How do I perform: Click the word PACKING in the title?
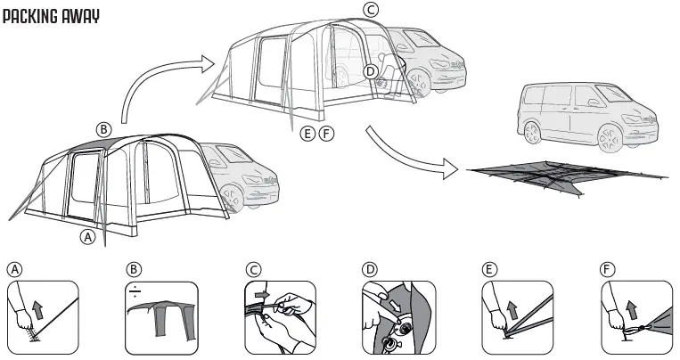34,17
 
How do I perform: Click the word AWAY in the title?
82,17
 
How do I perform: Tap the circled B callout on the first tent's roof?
104,129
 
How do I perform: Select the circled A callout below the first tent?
87,237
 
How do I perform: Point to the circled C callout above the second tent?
372,10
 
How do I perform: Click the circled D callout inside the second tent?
372,71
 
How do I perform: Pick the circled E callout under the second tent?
307,135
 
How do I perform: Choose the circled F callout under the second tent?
326,135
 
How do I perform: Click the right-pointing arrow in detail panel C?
260,292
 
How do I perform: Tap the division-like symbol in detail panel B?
134,290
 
